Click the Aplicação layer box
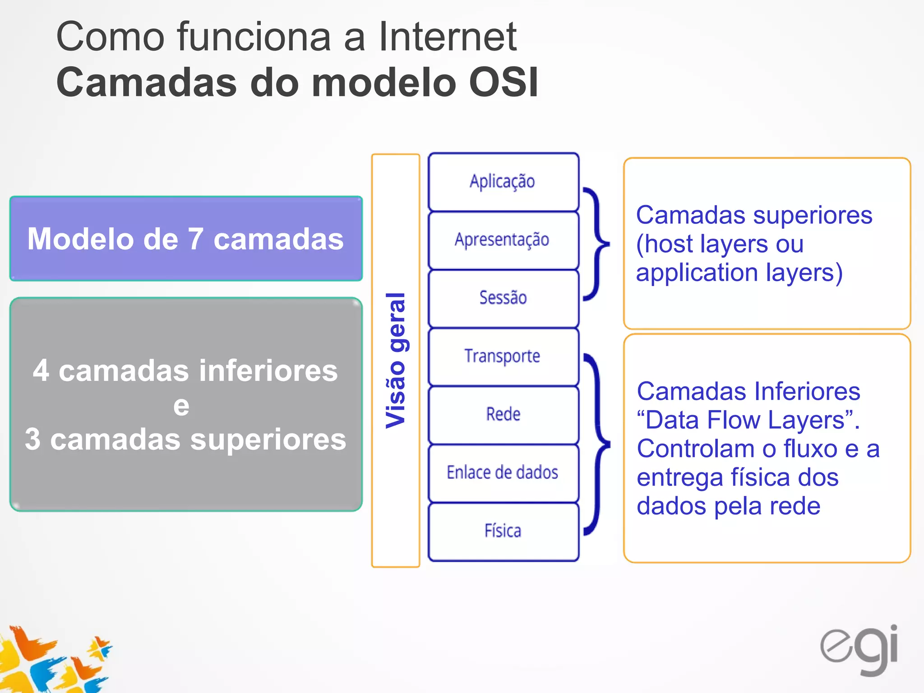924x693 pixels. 503,182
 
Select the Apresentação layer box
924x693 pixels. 503,240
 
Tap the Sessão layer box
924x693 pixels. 503,298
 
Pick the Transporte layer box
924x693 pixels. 503,356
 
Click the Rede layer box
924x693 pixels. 503,415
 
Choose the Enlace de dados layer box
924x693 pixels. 503,473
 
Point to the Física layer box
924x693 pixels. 503,531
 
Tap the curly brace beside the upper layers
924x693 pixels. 596,244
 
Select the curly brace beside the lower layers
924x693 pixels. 597,444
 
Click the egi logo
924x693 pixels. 859,649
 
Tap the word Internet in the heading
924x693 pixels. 447,37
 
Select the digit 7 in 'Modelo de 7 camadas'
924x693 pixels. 196,239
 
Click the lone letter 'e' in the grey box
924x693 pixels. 181,406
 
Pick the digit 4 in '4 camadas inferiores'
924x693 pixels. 41,371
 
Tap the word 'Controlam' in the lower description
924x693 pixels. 695,449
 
